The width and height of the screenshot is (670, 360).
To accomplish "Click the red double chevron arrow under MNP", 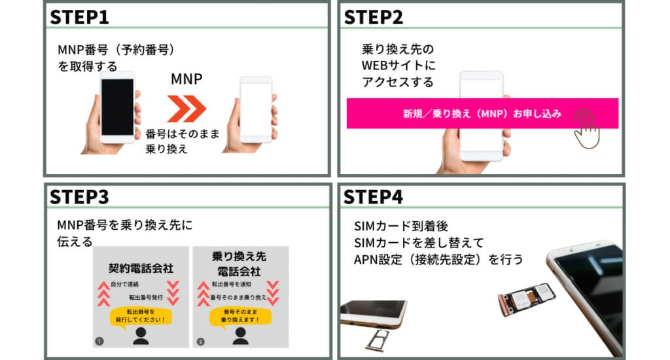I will (186, 108).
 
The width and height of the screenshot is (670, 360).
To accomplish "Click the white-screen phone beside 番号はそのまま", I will (255, 110).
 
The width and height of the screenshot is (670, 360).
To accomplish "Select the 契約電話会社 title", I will (140, 268).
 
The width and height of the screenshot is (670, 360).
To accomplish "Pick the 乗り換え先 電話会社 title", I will (239, 263).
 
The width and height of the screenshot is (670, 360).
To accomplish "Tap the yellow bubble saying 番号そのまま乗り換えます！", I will (239, 316).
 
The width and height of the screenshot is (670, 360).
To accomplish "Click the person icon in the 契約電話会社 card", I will (140, 336).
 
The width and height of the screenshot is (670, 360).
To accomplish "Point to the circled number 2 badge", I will (201, 340).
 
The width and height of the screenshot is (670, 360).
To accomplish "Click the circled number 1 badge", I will (100, 340).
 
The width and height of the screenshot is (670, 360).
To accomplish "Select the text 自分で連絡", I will (126, 285).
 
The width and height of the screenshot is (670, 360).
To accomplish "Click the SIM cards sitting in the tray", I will (527, 298).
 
